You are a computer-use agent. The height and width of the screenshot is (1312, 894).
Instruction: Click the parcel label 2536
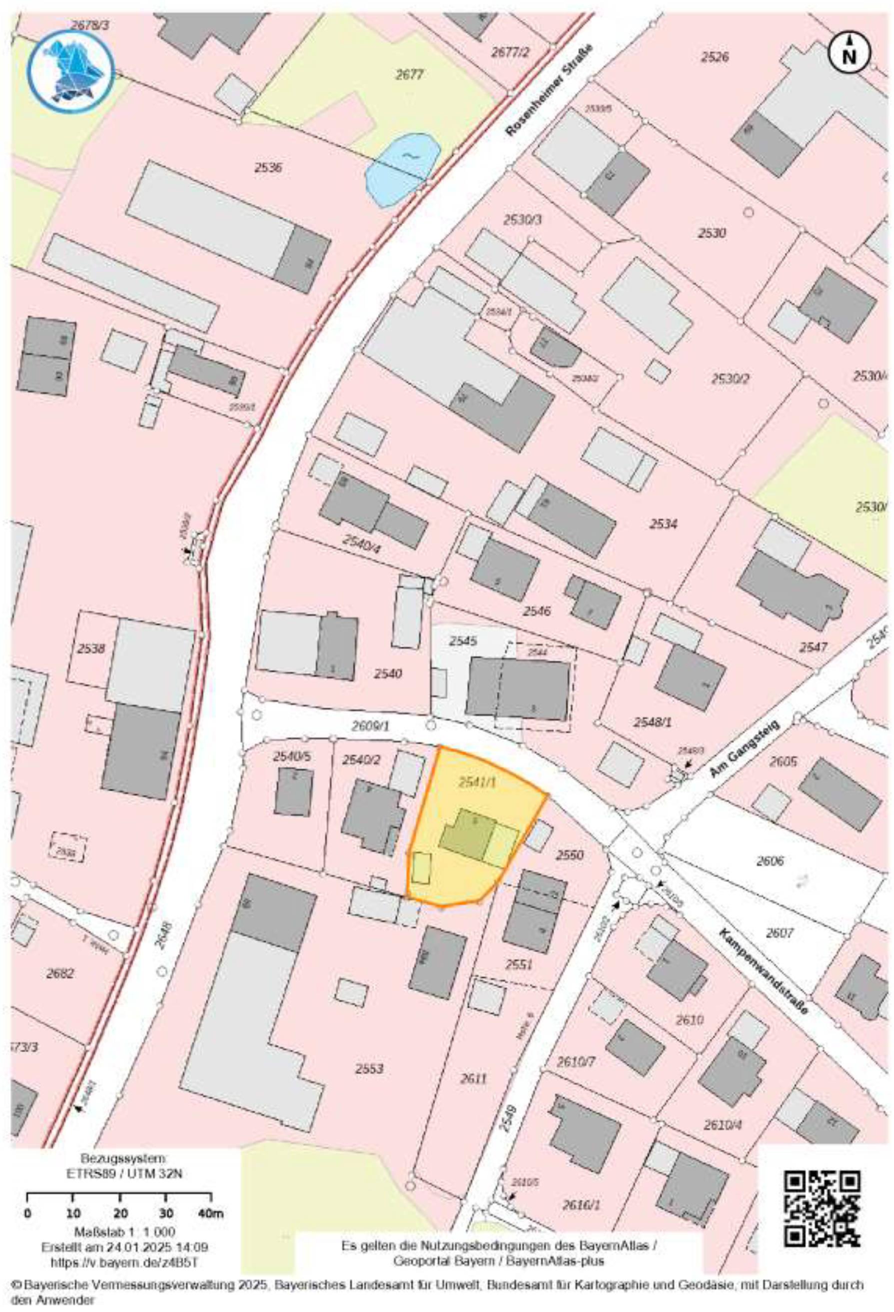coord(268,168)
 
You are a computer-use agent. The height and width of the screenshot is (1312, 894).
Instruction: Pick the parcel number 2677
coord(409,74)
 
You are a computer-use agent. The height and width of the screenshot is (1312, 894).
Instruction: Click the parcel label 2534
coord(663,524)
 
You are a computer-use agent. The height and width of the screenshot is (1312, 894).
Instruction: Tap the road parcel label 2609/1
coord(370,726)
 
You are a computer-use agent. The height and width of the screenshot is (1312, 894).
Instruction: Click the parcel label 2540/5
coord(291,756)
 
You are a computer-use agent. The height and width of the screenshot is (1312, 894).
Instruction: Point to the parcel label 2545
coord(463,641)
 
